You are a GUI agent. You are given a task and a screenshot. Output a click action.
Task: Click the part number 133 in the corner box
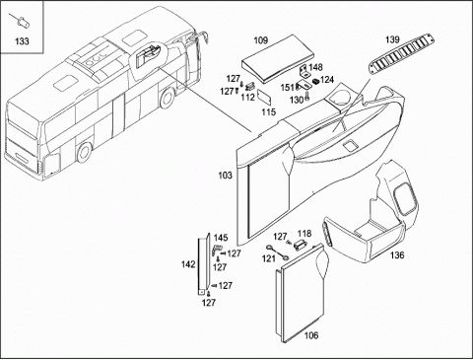[22, 41]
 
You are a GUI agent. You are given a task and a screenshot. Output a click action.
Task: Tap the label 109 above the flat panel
[261, 40]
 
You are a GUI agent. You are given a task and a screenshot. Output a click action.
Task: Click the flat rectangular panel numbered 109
[278, 59]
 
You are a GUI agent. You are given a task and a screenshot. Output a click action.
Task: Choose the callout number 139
[392, 39]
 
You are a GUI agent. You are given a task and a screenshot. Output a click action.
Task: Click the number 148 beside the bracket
[315, 67]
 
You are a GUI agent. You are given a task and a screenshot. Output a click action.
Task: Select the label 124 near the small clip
[327, 80]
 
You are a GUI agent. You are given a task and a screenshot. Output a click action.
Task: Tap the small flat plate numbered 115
[265, 98]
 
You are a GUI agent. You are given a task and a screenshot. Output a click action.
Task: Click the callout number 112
[247, 98]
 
